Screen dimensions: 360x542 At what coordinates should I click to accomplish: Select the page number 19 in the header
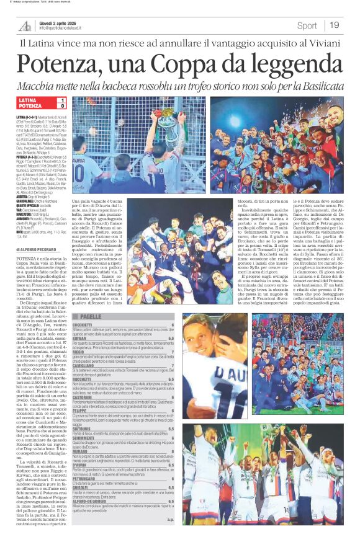[335, 25]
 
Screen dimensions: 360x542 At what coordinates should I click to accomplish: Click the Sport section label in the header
[307, 25]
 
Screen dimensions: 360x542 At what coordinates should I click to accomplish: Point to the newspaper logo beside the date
[25, 25]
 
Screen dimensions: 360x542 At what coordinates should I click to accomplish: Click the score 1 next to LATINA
[61, 100]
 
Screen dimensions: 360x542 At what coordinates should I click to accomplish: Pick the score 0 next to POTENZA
[61, 106]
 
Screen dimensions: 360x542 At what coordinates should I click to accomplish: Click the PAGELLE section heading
[91, 316]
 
